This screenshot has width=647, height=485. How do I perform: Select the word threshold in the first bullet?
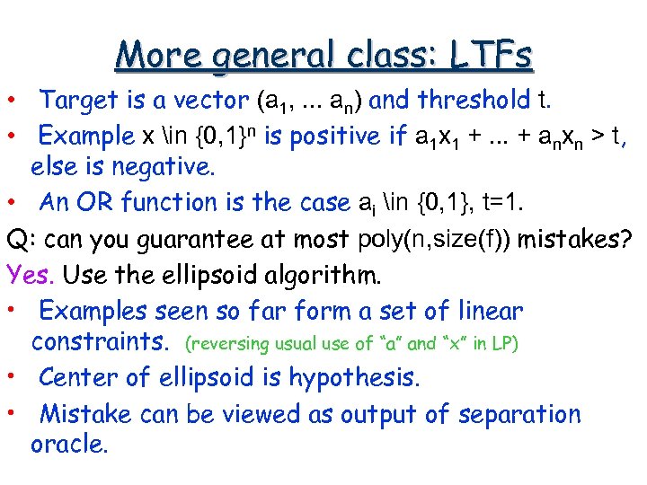474,100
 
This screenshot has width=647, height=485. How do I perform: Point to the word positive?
333,137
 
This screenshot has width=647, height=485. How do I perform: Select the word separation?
522,415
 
